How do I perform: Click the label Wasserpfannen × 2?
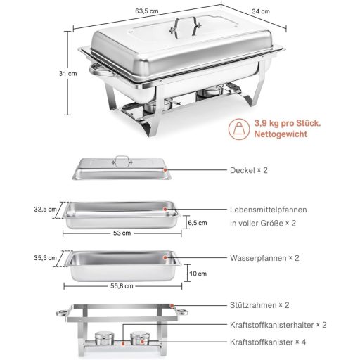coord(264,258)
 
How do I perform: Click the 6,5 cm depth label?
coord(199,222)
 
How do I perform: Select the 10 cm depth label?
coord(198,274)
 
